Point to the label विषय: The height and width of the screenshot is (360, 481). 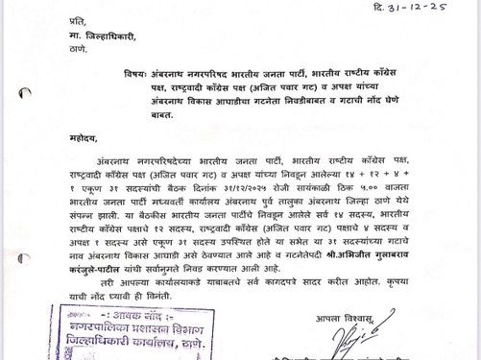(x=134, y=72)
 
